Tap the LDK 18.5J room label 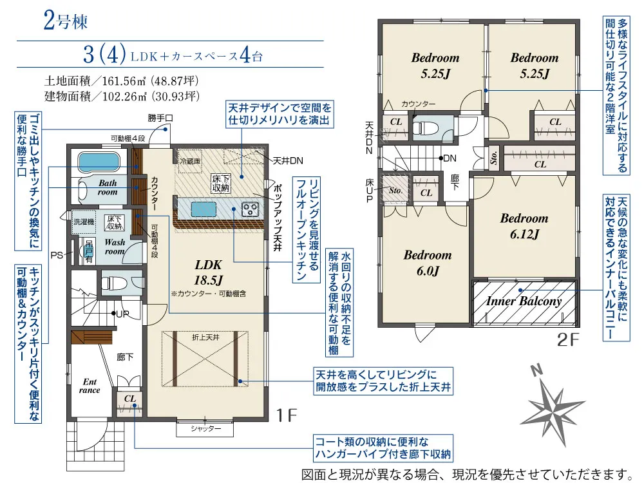point(208,272)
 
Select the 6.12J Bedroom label point(524,226)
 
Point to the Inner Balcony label point(524,301)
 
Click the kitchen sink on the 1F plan point(204,209)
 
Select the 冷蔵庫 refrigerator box point(190,161)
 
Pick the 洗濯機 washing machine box point(84,222)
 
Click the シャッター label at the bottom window point(206,428)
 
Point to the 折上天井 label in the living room point(205,337)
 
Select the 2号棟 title point(65,21)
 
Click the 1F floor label point(287,415)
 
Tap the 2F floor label point(569,339)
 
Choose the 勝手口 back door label point(160,118)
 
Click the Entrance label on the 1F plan point(90,386)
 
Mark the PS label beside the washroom point(57,255)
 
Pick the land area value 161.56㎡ point(124,80)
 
